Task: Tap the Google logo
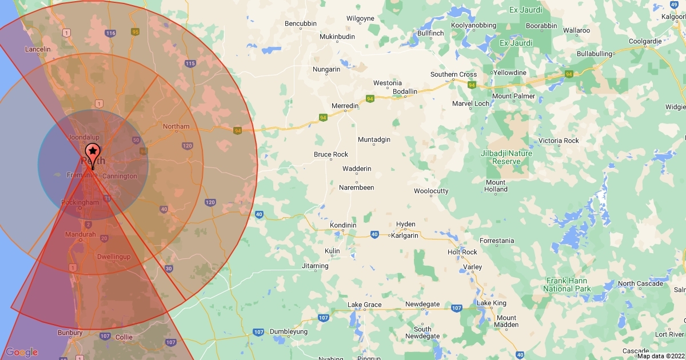tap(22, 352)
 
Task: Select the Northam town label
tap(176, 126)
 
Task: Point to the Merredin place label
tap(345, 106)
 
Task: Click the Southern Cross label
tap(453, 75)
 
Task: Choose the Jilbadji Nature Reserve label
tap(506, 157)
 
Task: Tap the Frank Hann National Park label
tap(567, 285)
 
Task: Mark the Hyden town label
tap(405, 225)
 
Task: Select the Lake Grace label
tap(364, 305)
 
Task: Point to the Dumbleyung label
tap(289, 332)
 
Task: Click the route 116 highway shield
tap(110, 33)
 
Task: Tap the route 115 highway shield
tap(190, 63)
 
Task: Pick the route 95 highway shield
tap(135, 31)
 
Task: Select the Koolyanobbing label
tap(473, 26)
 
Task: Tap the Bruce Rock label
tap(331, 155)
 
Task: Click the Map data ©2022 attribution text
tap(661, 356)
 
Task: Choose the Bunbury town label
tap(70, 332)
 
